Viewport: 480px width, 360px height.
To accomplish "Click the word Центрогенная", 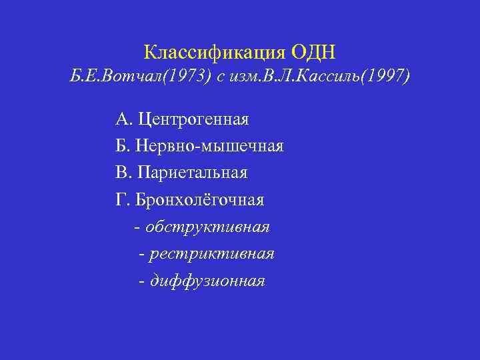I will pyautogui.click(x=193, y=119).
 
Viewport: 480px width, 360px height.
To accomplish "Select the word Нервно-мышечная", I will pyautogui.click(x=211, y=146).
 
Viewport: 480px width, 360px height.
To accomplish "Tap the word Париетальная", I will pyautogui.click(x=192, y=173).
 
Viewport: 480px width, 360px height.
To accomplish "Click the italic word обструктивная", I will pyautogui.click(x=207, y=227).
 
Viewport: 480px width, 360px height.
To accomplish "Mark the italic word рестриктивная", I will pyautogui.click(x=212, y=254).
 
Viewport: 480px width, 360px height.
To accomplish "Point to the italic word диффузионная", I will pyautogui.click(x=207, y=281).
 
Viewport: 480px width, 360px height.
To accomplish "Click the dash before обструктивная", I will pyautogui.click(x=137, y=227).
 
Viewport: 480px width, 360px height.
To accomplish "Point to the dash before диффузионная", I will pyautogui.click(x=141, y=281).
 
